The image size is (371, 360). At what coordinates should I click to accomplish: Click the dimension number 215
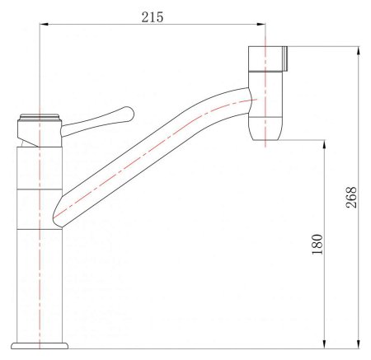(151, 16)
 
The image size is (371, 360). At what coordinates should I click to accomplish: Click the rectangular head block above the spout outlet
(265, 60)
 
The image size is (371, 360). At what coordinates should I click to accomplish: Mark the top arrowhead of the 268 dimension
(359, 51)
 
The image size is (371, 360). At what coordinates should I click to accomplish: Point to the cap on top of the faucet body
(40, 117)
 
